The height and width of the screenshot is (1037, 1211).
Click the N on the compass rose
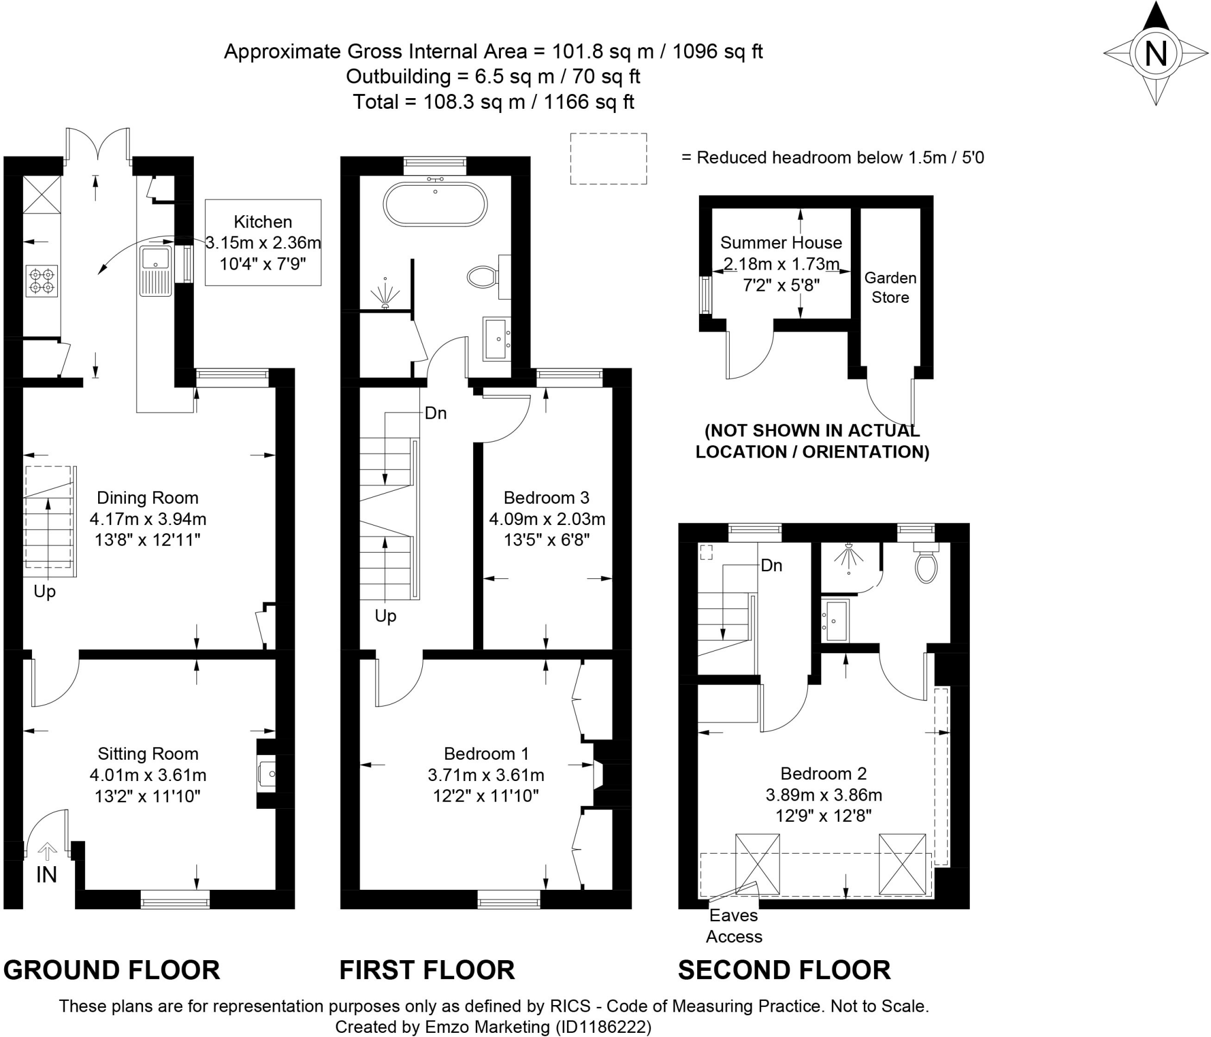(x=1156, y=54)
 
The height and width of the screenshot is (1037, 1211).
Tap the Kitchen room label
(x=263, y=222)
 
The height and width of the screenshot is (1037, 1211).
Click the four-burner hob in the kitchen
(x=41, y=281)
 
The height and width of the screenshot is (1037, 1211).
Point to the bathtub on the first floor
(x=435, y=203)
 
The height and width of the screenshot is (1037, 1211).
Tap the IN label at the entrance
(x=47, y=875)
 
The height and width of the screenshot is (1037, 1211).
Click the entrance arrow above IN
(x=47, y=851)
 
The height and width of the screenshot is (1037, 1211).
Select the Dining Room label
(x=148, y=498)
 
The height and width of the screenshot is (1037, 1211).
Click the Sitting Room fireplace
(x=267, y=773)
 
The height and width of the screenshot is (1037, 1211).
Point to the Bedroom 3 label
(x=547, y=498)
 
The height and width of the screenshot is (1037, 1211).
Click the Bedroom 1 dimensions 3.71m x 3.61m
(x=486, y=775)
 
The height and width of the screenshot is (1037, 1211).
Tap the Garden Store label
(x=891, y=287)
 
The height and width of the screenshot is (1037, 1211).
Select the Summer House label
(x=781, y=242)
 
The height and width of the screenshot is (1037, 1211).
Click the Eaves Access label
(x=734, y=926)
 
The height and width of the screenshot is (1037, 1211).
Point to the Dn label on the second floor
(x=771, y=566)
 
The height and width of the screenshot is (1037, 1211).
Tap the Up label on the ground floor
(x=44, y=592)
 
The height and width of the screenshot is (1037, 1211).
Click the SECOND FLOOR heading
(x=784, y=970)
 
